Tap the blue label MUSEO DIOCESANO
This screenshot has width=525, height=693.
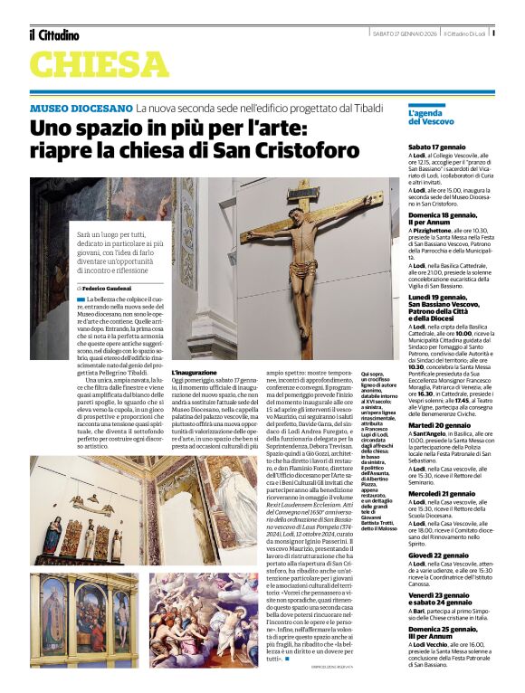pos(81,108)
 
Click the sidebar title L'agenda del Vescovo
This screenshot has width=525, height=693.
pos(431,117)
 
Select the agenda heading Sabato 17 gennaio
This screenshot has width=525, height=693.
pos(437,146)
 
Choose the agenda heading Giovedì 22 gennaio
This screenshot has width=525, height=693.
pos(439,555)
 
